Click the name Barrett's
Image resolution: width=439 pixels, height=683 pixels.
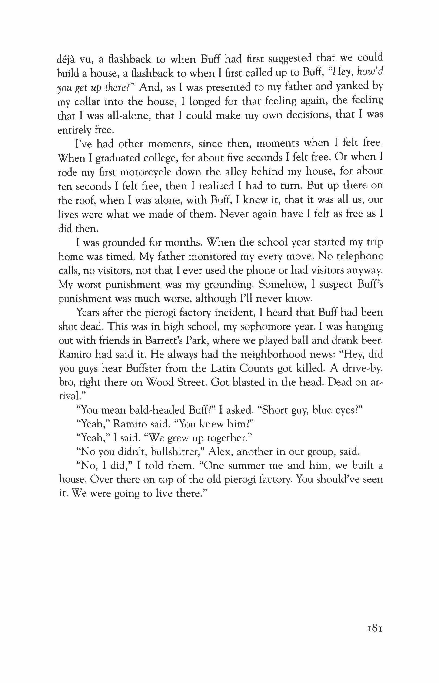point(164,341)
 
